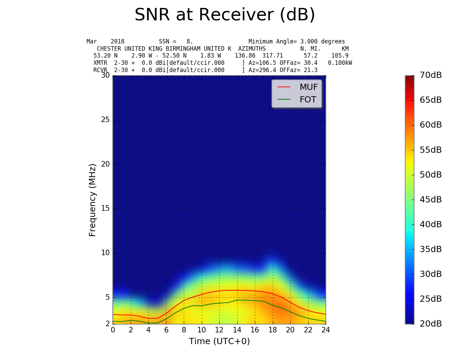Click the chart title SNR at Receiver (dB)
coord(225,15)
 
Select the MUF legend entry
coord(308,87)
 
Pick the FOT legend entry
coord(308,100)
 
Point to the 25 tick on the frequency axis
coord(105,120)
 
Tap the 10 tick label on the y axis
coord(105,253)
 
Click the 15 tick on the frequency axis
coord(105,209)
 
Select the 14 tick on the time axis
coord(237,330)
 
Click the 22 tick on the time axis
coord(308,330)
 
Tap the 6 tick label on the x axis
coord(166,330)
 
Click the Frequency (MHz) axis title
coord(92,200)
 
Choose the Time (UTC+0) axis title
coord(219,341)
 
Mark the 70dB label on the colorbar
coord(431,75)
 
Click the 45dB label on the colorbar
coord(431,200)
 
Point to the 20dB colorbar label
coord(431,324)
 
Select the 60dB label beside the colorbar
coord(431,125)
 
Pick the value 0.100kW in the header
coord(340,63)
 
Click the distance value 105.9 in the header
coord(340,56)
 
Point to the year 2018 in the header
coord(118,41)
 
